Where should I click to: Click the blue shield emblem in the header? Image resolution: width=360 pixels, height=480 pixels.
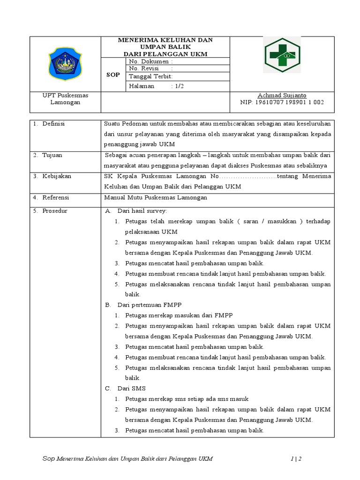[x=65, y=64]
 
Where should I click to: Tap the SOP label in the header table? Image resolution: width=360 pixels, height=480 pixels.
[x=112, y=75]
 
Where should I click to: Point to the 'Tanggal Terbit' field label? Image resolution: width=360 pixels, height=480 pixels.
[x=151, y=76]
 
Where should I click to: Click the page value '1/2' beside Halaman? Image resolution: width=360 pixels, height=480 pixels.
[x=178, y=86]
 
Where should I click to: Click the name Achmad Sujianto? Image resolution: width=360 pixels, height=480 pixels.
[x=282, y=95]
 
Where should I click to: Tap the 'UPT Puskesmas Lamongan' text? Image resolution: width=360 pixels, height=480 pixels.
[x=65, y=98]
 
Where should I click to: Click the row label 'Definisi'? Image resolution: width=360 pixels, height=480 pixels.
[x=53, y=123]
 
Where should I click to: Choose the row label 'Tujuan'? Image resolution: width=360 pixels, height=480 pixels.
[x=52, y=155]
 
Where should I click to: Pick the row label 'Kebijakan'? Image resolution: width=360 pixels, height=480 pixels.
[x=56, y=176]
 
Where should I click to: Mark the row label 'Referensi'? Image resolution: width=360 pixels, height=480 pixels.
[x=56, y=197]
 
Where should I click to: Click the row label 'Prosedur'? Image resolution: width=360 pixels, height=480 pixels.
[x=54, y=211]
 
